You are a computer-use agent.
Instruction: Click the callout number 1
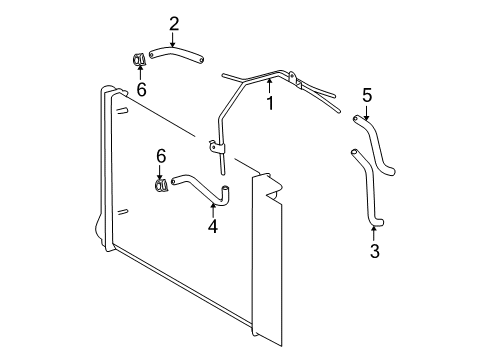pyautogui.click(x=270, y=103)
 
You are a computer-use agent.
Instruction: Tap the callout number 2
pyautogui.click(x=174, y=24)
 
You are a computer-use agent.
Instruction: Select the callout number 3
pyautogui.click(x=375, y=251)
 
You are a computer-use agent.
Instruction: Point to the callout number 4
pyautogui.click(x=213, y=226)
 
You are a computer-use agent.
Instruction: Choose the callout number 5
pyautogui.click(x=367, y=95)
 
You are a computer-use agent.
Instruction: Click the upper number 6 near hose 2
pyautogui.click(x=142, y=89)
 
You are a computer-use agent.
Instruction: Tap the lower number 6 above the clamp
pyautogui.click(x=161, y=156)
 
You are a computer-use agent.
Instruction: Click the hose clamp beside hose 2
pyautogui.click(x=138, y=59)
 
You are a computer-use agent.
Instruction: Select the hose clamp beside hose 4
pyautogui.click(x=162, y=185)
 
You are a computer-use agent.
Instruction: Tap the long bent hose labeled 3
pyautogui.click(x=368, y=187)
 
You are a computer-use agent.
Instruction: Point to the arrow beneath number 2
pyautogui.click(x=172, y=40)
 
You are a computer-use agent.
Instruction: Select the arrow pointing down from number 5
pyautogui.click(x=367, y=113)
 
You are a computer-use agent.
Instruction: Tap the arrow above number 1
pyautogui.click(x=269, y=87)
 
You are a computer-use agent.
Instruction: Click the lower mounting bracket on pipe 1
pyautogui.click(x=217, y=147)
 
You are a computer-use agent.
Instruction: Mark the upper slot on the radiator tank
pyautogui.click(x=122, y=111)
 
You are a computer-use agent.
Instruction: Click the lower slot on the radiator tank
pyautogui.click(x=123, y=212)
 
